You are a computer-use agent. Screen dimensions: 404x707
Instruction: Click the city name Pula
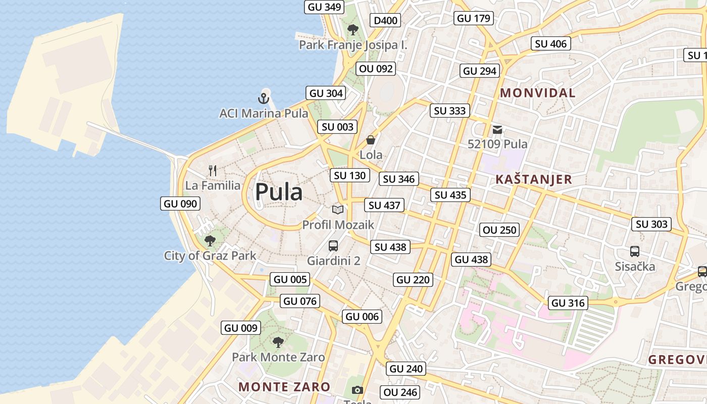coord(279,192)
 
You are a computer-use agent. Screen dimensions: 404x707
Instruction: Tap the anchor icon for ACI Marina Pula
coord(264,98)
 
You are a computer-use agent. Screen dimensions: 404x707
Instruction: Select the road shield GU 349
coord(324,7)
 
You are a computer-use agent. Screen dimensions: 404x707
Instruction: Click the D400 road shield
coord(385,21)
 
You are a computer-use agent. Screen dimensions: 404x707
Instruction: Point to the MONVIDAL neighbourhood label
coord(538,93)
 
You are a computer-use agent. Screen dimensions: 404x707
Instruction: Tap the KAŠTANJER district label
coord(534,179)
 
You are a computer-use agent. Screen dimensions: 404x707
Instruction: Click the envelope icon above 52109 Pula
coord(497,130)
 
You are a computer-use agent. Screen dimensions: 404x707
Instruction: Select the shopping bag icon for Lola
coord(371,140)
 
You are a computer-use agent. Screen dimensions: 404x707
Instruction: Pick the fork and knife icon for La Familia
coord(213,171)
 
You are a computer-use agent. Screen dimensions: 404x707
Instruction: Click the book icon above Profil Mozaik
coord(338,210)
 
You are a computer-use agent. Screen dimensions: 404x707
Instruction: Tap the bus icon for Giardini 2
coord(333,246)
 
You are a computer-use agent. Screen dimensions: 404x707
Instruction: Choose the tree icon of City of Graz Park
coord(210,241)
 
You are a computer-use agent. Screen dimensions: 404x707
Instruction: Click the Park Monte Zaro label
coord(278,357)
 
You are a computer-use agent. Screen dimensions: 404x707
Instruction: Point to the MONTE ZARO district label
coord(284,387)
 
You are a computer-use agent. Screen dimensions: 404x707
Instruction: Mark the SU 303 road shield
coord(651,224)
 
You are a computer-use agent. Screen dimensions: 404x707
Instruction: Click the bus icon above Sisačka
coord(635,251)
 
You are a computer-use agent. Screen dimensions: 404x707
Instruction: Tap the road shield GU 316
coord(568,303)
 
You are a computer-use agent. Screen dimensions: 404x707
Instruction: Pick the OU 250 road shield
coord(500,230)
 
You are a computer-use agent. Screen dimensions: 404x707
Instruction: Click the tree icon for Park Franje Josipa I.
coord(353,30)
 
